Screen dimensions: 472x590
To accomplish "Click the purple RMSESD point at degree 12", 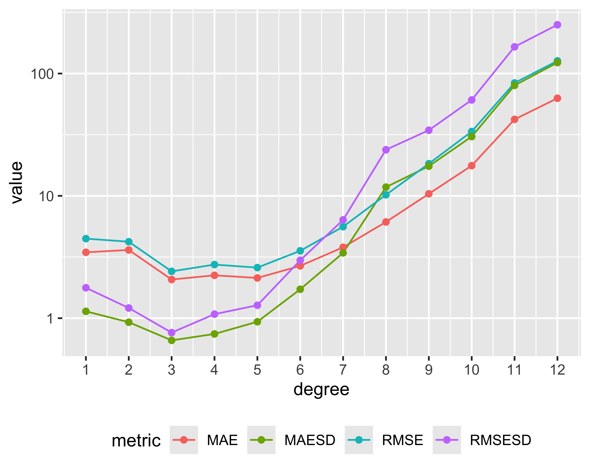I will (557, 25).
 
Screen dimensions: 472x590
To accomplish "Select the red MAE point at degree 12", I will (557, 98).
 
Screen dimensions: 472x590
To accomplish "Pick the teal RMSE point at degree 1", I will (86, 239).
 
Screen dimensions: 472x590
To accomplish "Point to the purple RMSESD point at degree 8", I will (386, 150).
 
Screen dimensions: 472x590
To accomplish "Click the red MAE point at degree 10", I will (471, 166).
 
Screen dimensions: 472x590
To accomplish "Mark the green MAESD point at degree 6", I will (300, 289).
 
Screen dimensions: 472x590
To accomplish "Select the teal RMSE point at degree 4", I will (215, 265).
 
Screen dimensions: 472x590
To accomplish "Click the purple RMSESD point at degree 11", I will (514, 47).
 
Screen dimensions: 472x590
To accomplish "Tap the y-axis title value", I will (17, 183).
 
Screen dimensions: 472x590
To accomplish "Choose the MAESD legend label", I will (310, 440).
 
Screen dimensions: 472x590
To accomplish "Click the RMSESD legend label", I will (500, 440).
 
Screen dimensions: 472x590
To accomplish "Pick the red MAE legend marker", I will (184, 440).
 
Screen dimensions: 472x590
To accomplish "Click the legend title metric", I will (136, 441).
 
